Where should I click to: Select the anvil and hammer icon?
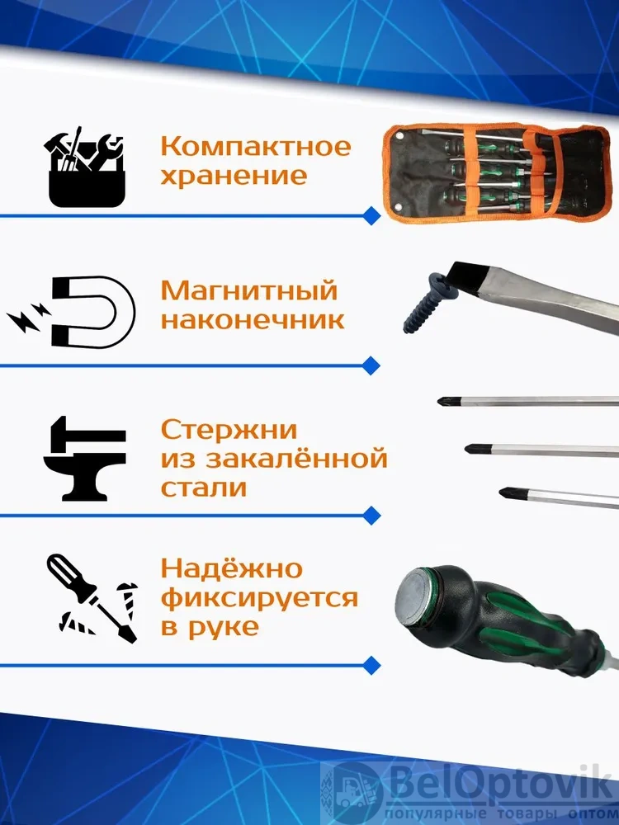coord(85,458)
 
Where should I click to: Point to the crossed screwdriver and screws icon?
coord(92,599)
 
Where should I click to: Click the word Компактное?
coord(255,146)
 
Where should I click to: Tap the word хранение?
coord(234,176)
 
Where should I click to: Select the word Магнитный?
coord(248,291)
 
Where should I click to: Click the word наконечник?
coord(253,320)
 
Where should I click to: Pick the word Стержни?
coord(229,430)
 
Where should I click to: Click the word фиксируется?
coord(259,598)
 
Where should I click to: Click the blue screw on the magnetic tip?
coord(427,304)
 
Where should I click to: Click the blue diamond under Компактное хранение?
coord(372,215)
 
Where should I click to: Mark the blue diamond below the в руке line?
coord(372,664)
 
